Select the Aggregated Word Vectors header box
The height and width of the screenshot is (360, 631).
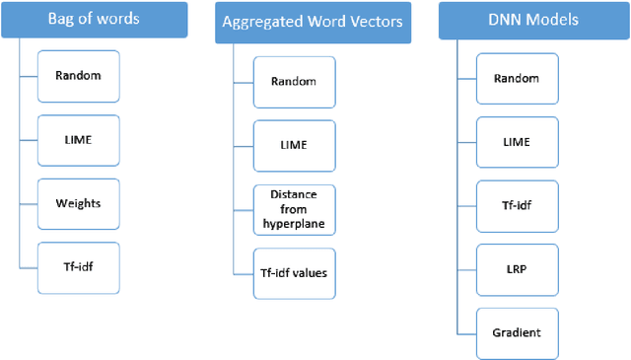click(299, 22)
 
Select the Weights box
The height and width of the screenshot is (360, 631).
click(80, 202)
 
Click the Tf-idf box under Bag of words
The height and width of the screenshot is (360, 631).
click(80, 266)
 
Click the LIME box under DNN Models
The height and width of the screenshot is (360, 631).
click(516, 141)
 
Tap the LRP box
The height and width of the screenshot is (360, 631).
click(516, 267)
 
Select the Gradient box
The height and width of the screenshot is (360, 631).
click(516, 331)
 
